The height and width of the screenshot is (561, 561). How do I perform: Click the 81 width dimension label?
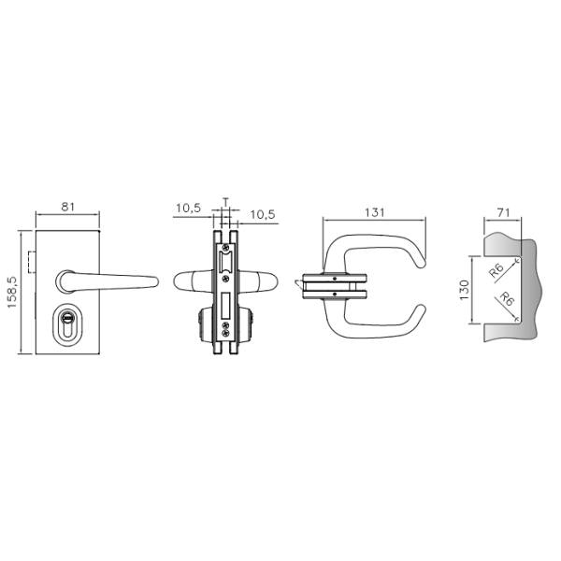(67, 207)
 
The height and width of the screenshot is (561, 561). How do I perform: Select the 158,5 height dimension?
(12, 292)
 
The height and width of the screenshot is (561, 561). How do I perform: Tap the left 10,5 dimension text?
(189, 208)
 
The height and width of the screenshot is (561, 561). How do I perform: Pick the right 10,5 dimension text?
(263, 214)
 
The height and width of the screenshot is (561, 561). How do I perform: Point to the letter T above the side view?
(225, 202)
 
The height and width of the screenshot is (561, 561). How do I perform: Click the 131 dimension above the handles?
(375, 212)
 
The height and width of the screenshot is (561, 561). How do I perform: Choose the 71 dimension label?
(503, 213)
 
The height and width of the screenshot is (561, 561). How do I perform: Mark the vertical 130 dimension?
(464, 290)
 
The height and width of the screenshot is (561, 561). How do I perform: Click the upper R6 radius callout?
(496, 271)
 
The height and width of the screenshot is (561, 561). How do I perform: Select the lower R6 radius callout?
(506, 299)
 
